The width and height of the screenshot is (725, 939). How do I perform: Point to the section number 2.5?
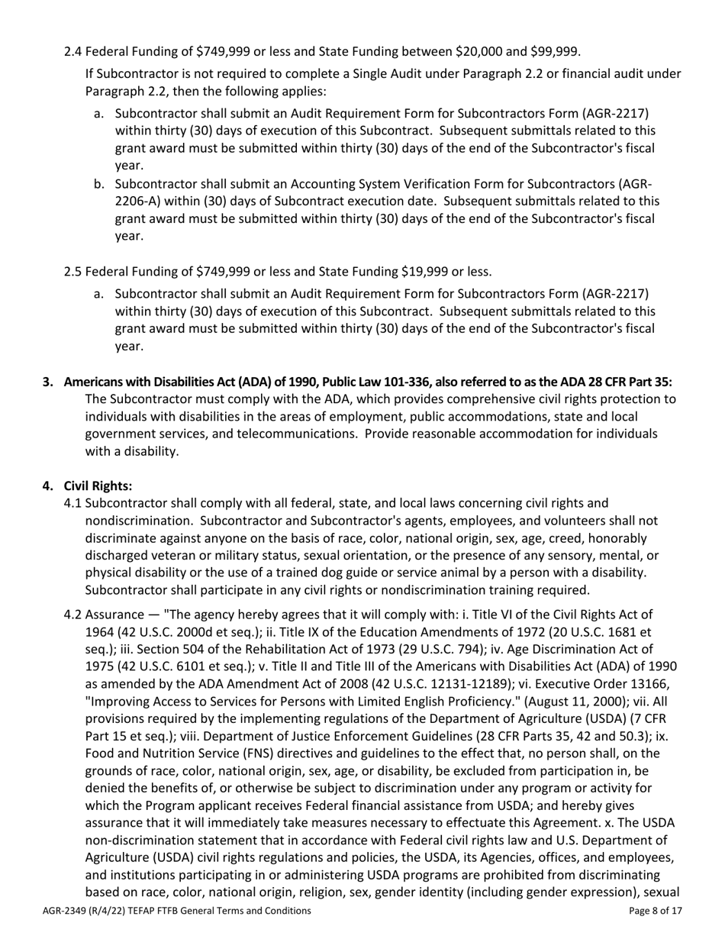click(x=73, y=272)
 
